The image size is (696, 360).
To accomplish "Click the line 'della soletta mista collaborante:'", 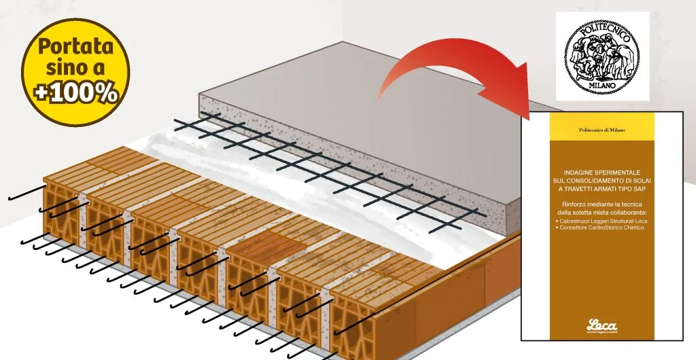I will (x=587, y=213).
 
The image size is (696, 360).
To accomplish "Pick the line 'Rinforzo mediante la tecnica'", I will (x=587, y=204).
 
